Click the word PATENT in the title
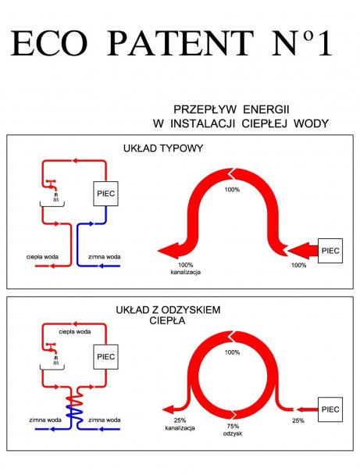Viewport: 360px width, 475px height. [180, 43]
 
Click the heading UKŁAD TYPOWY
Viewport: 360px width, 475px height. [163, 148]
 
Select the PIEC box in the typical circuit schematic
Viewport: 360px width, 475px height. [105, 194]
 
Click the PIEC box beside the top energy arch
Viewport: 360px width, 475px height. [330, 251]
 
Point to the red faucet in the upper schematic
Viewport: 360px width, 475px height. [51, 184]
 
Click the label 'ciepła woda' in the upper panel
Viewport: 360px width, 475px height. [42, 257]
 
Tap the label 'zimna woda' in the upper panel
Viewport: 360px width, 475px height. [104, 257]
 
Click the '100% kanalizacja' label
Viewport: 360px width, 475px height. [186, 269]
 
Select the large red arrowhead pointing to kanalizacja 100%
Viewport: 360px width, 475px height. [170, 251]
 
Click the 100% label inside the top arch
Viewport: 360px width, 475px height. [232, 190]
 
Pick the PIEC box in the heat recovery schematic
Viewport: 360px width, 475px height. [105, 357]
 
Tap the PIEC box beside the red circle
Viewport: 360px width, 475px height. [330, 409]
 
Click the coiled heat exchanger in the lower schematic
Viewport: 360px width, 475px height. [74, 408]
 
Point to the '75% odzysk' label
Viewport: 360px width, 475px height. [233, 430]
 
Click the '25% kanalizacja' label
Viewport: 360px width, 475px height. [180, 424]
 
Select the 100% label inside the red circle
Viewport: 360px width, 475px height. [232, 352]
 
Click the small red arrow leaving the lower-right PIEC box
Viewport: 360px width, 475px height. [307, 409]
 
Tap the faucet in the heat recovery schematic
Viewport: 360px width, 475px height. [51, 347]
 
